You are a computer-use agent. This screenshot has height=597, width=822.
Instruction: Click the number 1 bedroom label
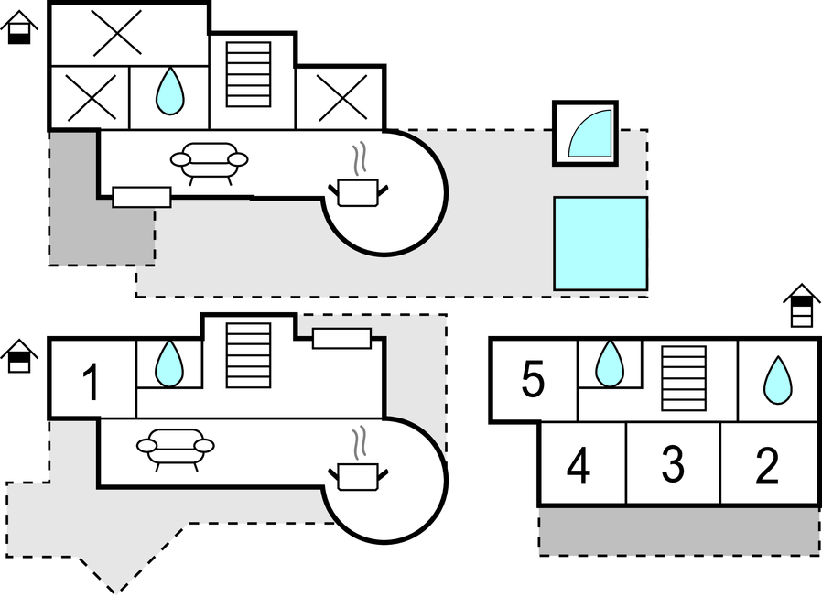tap(91, 383)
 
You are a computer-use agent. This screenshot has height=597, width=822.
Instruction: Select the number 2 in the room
tap(767, 466)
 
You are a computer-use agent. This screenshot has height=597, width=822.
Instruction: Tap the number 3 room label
tap(673, 466)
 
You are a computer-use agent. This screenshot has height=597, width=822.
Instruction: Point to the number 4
tap(578, 467)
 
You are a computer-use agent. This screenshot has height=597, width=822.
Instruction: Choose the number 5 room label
tap(533, 381)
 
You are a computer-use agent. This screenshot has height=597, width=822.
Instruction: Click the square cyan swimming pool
tap(600, 243)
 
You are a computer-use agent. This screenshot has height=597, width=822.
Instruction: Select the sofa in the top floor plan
tap(210, 160)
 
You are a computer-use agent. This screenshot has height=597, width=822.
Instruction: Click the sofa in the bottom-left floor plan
tap(176, 448)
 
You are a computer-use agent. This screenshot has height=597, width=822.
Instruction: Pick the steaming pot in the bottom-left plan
tap(358, 471)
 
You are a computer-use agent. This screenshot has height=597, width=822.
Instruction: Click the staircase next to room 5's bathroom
tap(683, 379)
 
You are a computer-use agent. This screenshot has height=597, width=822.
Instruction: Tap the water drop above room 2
tap(777, 380)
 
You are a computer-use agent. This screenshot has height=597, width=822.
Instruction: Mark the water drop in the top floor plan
tap(169, 92)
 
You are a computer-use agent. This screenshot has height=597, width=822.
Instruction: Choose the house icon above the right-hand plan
tap(802, 305)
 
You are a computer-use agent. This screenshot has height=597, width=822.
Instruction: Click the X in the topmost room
tap(117, 34)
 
